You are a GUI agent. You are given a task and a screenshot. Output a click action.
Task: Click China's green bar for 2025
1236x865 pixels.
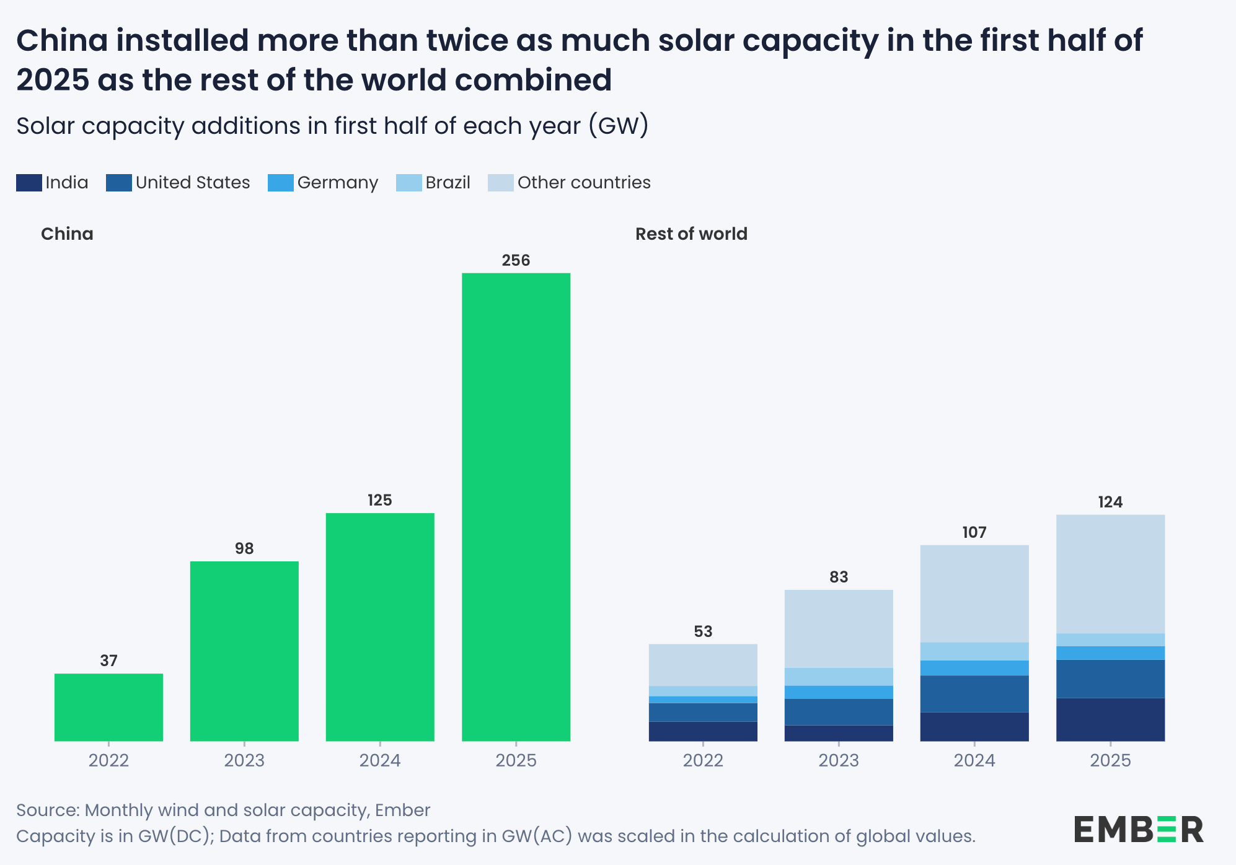click(x=516, y=507)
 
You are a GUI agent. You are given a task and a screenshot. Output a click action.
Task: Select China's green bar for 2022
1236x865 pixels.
click(x=108, y=707)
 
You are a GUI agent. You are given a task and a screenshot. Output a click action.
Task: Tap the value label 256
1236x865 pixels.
click(x=516, y=260)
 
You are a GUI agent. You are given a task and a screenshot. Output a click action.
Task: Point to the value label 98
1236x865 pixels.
click(x=244, y=548)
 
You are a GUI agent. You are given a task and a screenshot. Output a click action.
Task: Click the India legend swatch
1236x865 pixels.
click(x=29, y=183)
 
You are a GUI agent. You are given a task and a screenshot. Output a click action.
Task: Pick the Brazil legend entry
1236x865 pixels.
click(x=434, y=183)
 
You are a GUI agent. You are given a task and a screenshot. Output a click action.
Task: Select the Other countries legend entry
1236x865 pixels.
click(x=570, y=183)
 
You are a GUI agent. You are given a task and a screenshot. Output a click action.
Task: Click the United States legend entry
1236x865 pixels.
click(x=179, y=183)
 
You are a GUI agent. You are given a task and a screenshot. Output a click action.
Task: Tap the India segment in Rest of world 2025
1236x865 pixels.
click(x=1110, y=719)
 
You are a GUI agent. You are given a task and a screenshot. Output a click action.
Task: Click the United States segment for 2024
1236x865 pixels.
click(x=974, y=693)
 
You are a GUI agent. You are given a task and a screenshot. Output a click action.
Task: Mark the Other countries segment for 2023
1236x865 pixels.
click(x=839, y=628)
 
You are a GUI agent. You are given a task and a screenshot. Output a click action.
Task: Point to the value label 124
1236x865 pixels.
click(x=1110, y=502)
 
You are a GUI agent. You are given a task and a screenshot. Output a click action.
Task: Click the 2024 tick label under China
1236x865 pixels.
click(x=380, y=760)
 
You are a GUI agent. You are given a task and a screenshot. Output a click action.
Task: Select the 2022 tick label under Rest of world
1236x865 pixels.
click(x=703, y=760)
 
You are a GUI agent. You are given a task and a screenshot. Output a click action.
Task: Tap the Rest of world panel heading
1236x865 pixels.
click(x=691, y=234)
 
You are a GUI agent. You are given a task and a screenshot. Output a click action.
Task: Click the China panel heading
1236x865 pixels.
click(x=67, y=234)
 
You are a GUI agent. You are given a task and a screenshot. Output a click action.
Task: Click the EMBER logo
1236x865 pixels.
click(x=1138, y=829)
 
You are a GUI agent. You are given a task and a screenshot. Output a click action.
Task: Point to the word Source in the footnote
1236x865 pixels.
click(x=47, y=810)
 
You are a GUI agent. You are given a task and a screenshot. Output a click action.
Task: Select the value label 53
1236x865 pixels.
click(x=703, y=631)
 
